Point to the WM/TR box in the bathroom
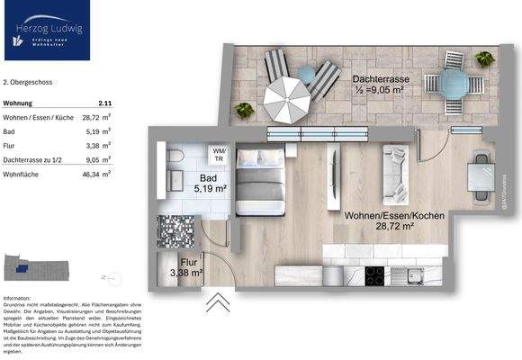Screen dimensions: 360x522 218,153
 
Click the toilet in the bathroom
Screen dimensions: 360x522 175,159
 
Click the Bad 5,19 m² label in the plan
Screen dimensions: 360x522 212,184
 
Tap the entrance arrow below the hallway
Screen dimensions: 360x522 217,302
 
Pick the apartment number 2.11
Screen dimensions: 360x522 105,103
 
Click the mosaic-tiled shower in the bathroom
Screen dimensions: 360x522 175,231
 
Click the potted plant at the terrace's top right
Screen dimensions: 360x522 483,59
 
